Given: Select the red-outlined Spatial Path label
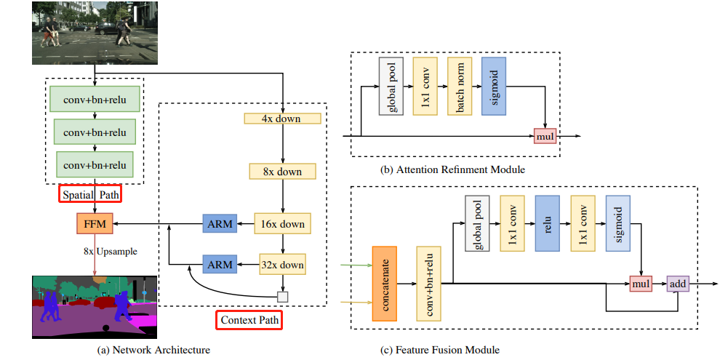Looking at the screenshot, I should tap(91, 195).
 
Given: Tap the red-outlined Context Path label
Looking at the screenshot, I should tap(249, 320).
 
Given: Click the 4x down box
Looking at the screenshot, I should tap(282, 119).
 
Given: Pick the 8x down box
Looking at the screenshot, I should tap(282, 172).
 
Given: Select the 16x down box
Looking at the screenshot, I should tap(282, 224).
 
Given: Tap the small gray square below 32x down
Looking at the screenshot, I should tap(282, 297).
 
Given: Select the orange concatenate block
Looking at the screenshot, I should tap(388, 283).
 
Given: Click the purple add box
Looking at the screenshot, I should tap(677, 283).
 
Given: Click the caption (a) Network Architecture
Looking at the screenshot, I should tap(153, 350).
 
